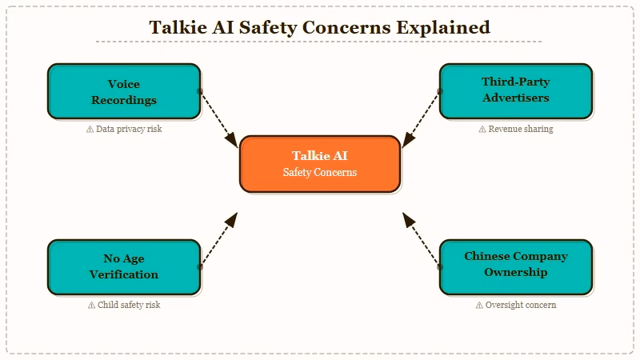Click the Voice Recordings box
pos(124,91)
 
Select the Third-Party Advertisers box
pos(516,90)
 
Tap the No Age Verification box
pos(124,266)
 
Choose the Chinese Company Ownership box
pos(516,266)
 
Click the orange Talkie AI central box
pos(319,164)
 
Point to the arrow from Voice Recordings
pos(218,118)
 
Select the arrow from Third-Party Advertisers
pos(421,118)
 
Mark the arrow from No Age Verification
pos(218,239)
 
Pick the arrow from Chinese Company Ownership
pos(421,239)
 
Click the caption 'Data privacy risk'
pos(129,129)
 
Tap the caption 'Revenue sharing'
pos(521,129)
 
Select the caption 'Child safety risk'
pos(129,305)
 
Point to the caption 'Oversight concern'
pos(521,305)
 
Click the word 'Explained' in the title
pos(445,27)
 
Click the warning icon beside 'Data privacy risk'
pos(90,129)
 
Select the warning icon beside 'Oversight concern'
pos(479,305)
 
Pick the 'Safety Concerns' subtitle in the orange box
pos(319,172)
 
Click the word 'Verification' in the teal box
pos(124,274)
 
